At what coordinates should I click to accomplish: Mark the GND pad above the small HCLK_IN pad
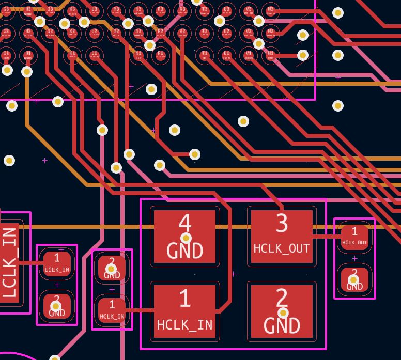112,268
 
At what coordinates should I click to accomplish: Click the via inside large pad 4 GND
186,238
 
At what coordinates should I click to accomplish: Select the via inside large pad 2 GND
283,312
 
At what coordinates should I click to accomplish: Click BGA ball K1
72,54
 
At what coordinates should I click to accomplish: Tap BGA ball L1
94,54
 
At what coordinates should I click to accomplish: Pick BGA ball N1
138,54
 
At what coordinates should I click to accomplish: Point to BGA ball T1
205,54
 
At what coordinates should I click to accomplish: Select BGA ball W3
270,10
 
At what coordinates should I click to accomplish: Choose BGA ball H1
28,54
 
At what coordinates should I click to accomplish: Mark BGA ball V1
249,54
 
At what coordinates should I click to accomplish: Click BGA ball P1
160,54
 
